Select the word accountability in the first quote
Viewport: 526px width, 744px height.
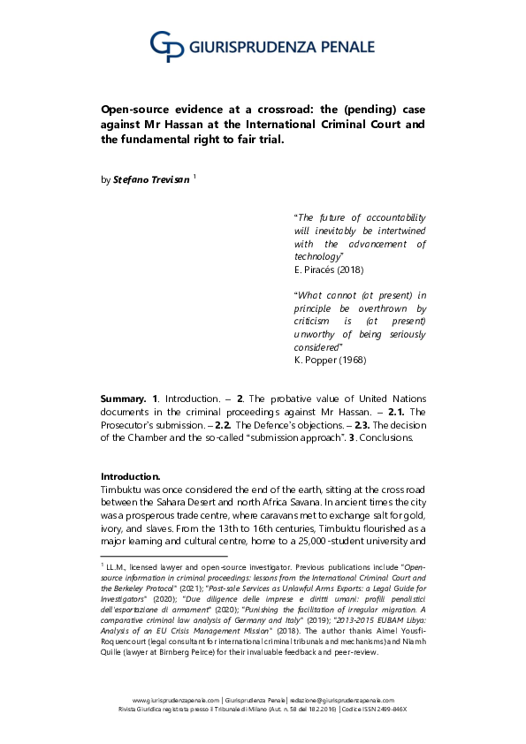[395, 216]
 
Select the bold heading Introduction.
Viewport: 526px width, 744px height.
[130, 475]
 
